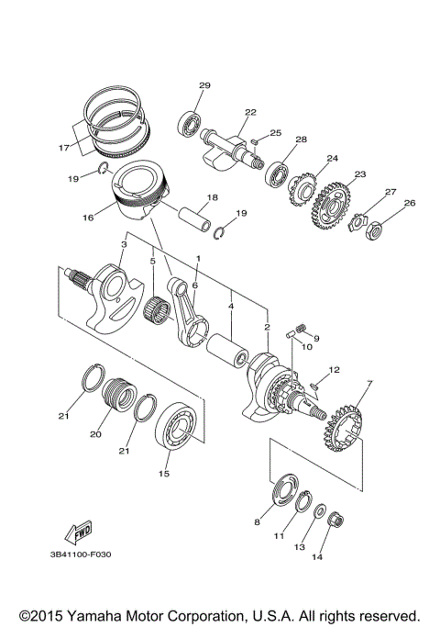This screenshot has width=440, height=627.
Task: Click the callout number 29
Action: click(204, 85)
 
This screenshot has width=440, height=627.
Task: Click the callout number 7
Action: click(345, 382)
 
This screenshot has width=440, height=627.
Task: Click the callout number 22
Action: click(224, 112)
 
